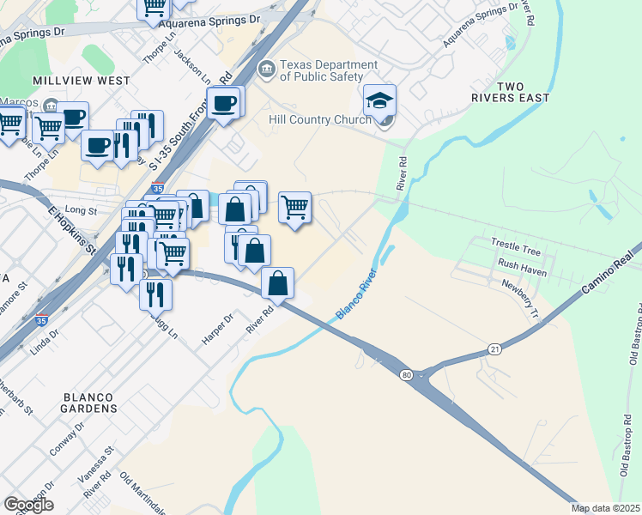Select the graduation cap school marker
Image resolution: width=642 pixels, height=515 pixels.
(379, 102)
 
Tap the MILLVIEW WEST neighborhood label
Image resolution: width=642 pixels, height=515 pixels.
(81, 81)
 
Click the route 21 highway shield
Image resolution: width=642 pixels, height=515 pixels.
(494, 348)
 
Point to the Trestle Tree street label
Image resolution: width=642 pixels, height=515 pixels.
(515, 251)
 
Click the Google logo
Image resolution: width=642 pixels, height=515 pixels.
(28, 505)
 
